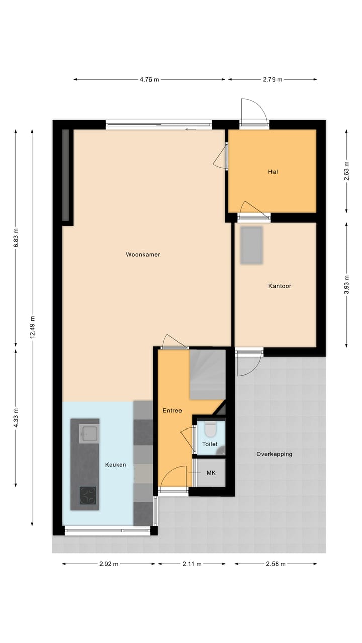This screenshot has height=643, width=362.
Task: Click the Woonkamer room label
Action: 143,255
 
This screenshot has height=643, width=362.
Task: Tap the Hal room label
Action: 273,172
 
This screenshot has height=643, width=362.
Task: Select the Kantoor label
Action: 280,286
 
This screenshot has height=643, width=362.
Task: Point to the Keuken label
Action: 115,465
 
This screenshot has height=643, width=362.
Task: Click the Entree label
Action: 172,411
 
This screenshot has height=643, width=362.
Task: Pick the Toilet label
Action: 210,444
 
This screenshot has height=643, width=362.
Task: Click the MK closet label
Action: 211,473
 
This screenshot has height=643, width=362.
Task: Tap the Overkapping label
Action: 274,454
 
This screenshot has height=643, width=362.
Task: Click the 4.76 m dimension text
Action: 149,79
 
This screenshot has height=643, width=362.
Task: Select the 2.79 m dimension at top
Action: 273,79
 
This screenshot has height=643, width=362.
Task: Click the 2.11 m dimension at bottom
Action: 192,564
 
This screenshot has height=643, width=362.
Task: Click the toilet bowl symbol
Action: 210,430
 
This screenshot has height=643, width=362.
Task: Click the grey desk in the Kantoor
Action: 251,246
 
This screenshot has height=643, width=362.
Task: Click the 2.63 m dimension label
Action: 346,171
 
